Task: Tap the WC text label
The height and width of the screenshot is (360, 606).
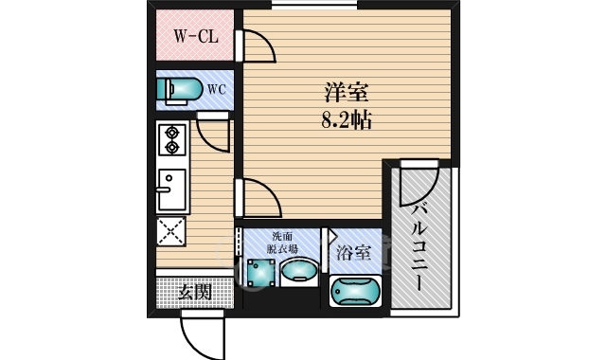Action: click(217, 90)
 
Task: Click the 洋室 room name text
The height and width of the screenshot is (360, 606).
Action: click(346, 93)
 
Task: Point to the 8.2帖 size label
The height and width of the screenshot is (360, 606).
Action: click(346, 119)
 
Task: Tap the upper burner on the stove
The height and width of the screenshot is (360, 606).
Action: click(172, 132)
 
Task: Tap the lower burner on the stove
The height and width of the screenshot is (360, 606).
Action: click(172, 147)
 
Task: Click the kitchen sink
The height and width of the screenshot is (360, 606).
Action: click(172, 189)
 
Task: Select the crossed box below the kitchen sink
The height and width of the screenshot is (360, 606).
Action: click(172, 231)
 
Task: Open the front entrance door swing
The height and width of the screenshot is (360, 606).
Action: click(199, 332)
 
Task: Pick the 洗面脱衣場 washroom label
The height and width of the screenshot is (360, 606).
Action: click(283, 243)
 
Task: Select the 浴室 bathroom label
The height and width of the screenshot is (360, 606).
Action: click(353, 253)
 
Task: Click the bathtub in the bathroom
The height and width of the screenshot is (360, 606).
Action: click(356, 290)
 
